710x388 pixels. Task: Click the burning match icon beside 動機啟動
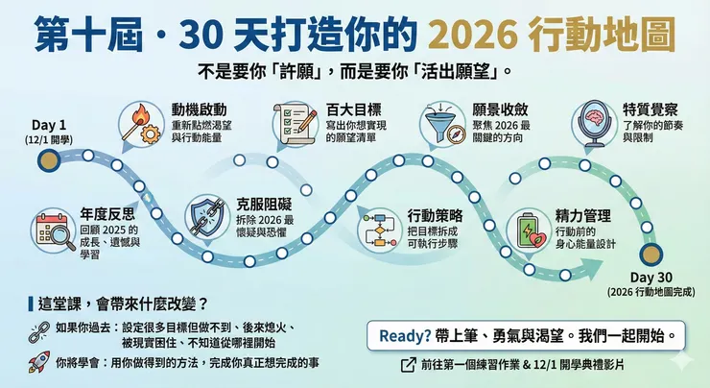coord(141,122)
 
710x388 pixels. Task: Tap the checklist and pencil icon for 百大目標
coord(296,123)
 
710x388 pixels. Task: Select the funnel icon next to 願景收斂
coord(441,123)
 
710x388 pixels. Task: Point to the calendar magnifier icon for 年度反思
coord(54,230)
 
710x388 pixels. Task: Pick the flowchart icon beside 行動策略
coord(379,230)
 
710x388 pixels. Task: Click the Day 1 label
coord(48,125)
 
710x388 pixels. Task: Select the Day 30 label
coord(651,278)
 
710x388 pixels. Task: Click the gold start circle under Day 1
coord(49,160)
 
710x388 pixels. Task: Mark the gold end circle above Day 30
coord(651,254)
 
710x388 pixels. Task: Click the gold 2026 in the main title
coord(473,35)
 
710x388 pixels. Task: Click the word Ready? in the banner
coord(405,336)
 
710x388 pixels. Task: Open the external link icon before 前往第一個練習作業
coord(409,365)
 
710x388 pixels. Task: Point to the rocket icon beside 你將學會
coord(39,362)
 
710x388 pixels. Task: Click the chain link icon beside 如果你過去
coord(39,331)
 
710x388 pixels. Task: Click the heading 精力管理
coord(583,216)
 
